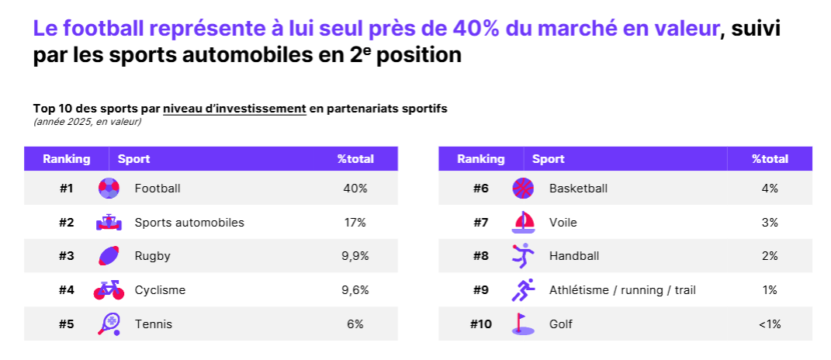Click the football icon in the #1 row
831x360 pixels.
(x=109, y=189)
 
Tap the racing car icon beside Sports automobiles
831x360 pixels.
(x=109, y=223)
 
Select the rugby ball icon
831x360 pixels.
(x=109, y=256)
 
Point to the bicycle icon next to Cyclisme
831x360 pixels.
(x=109, y=290)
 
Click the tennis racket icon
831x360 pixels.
(x=109, y=324)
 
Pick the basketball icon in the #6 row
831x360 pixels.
(x=524, y=189)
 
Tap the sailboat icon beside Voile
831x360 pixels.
(x=524, y=223)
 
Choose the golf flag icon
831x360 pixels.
(x=523, y=324)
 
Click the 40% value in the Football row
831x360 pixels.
(x=355, y=189)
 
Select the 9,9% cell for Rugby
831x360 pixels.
(x=355, y=256)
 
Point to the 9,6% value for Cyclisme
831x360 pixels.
(x=355, y=290)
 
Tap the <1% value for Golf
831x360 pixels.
(x=770, y=324)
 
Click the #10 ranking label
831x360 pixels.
(x=481, y=324)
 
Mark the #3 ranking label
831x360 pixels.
(x=67, y=256)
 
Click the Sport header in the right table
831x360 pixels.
(x=548, y=159)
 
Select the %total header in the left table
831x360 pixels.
(x=355, y=159)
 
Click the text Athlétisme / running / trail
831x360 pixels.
(x=622, y=290)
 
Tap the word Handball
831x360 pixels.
(x=574, y=256)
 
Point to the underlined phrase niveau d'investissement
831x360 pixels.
(x=234, y=109)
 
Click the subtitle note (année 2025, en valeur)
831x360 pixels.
(x=87, y=122)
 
